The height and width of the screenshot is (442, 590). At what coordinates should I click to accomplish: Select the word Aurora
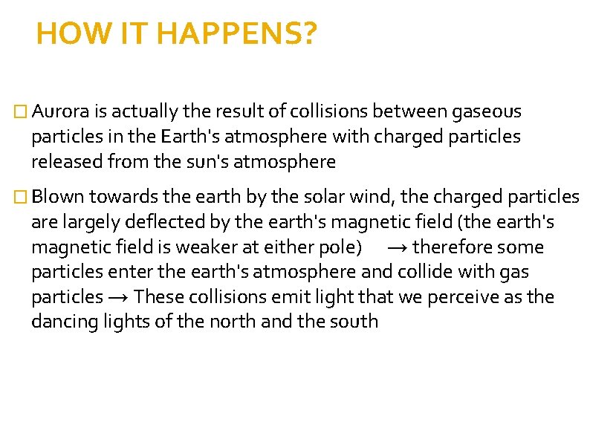pyautogui.click(x=60, y=111)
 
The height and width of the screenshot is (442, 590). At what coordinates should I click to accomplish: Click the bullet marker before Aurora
pyautogui.click(x=21, y=112)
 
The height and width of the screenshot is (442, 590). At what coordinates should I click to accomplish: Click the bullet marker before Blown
pyautogui.click(x=21, y=198)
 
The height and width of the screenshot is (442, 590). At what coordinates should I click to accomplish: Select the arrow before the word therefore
pyautogui.click(x=397, y=247)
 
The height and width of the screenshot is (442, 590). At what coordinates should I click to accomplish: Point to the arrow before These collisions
pyautogui.click(x=120, y=297)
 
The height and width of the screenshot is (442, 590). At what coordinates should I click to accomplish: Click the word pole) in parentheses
pyautogui.click(x=342, y=247)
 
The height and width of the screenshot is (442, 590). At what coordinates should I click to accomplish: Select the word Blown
pyautogui.click(x=59, y=197)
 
